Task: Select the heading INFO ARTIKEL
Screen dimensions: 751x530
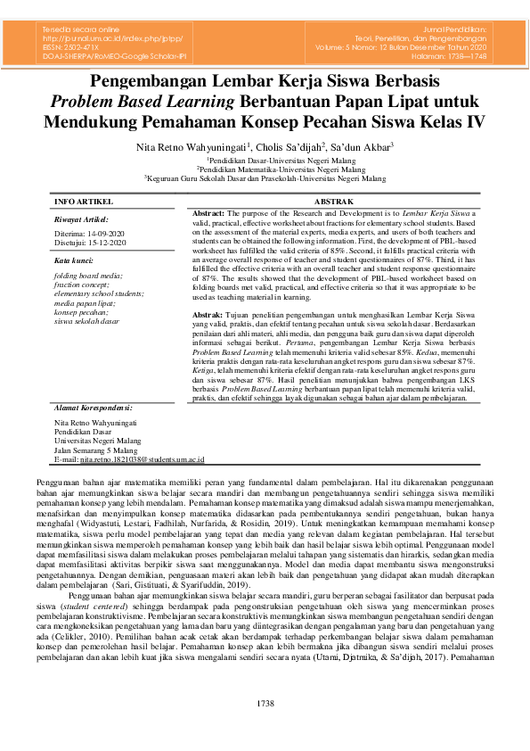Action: click(x=84, y=203)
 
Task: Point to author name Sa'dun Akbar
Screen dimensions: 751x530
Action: click(x=365, y=145)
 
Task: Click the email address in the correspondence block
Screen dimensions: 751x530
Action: click(x=143, y=459)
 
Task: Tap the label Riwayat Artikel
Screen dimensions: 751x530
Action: click(x=81, y=219)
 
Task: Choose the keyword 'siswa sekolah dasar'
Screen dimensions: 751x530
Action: click(x=86, y=320)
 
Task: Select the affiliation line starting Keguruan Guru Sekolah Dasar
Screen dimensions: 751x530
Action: click(x=265, y=178)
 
